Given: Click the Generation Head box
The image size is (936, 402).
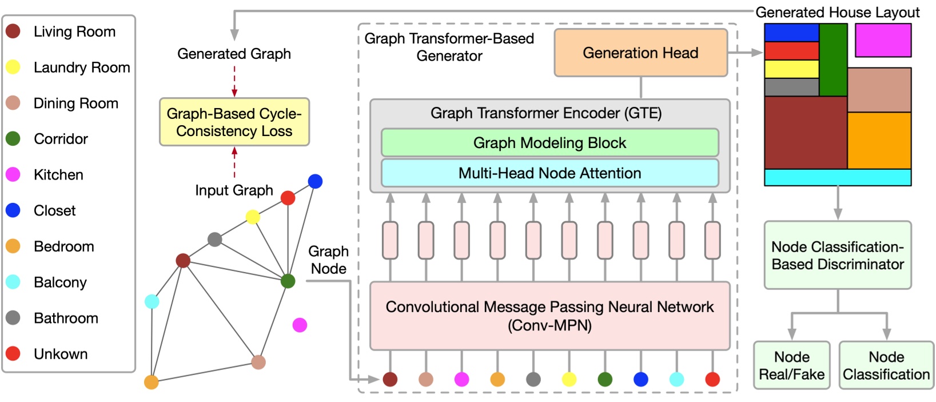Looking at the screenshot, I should point(640,53).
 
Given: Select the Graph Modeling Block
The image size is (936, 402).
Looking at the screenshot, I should point(549,143).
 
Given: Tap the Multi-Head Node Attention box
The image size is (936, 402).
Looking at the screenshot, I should point(549,173).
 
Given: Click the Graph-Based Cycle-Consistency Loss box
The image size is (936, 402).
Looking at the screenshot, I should point(234,122).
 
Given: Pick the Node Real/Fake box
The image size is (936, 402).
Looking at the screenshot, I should point(791,365).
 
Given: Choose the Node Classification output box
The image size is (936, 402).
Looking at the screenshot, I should point(886,365).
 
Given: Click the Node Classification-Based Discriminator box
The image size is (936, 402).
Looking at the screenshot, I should point(837,256).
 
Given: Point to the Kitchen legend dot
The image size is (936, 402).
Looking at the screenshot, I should point(13,174).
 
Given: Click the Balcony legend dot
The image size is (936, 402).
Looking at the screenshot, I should point(13,282).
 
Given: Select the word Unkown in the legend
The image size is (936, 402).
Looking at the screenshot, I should point(61,354).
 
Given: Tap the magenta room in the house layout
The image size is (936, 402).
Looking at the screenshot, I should point(883,40).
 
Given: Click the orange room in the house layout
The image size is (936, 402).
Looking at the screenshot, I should point(879,140).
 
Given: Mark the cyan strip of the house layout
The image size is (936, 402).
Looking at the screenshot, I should point(837,177).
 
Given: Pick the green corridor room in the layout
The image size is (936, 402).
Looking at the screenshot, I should point(833,59).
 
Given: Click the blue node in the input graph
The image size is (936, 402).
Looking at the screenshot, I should point(315,181).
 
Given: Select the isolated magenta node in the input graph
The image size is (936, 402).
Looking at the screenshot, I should point(300,325).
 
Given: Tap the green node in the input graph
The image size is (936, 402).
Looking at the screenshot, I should point(288,281).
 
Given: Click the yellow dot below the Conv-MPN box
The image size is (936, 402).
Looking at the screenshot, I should point(569,379).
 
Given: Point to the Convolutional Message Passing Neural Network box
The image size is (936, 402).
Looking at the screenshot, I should point(549,316).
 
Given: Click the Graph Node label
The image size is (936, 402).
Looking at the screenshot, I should point(328,260).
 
